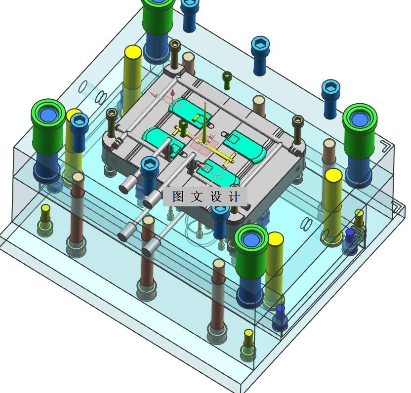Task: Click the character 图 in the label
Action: [178, 196]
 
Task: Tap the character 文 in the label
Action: [197, 196]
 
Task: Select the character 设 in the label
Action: [216, 196]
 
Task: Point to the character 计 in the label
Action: [235, 196]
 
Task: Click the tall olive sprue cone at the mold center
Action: [205, 123]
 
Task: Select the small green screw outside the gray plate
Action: [227, 80]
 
